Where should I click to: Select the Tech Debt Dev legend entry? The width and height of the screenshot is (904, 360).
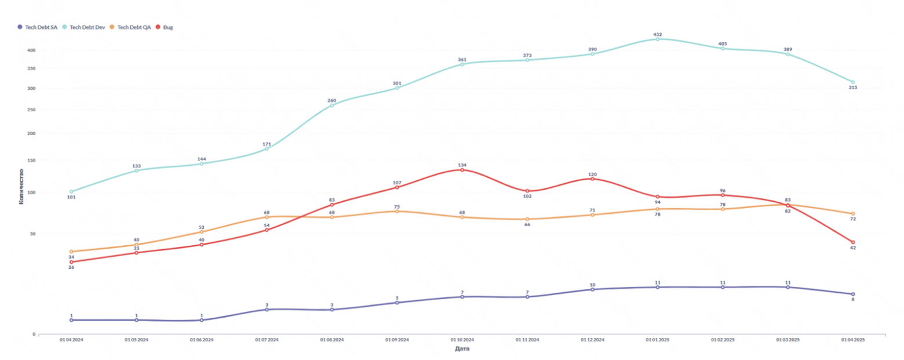pos(87,27)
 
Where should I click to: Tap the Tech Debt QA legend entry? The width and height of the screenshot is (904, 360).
pos(134,27)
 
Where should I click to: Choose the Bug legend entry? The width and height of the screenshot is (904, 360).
pos(167,27)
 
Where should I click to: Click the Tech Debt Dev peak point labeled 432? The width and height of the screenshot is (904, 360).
pos(658,39)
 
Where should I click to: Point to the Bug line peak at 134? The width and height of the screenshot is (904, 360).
pos(462,170)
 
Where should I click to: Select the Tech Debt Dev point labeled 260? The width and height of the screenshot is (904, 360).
pos(332,105)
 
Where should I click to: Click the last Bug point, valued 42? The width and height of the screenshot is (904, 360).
pos(853,242)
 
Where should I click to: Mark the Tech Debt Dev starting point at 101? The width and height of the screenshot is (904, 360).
pos(71,191)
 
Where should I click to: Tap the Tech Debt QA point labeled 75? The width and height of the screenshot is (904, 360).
pos(397,211)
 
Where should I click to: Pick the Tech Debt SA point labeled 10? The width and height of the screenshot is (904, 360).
pos(592,289)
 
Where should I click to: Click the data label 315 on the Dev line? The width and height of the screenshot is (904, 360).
pos(853,88)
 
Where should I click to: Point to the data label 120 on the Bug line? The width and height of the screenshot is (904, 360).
pos(592,174)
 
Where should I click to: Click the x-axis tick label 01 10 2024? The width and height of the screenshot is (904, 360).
pos(462,340)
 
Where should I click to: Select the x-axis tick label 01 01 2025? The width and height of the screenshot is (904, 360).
pos(658,340)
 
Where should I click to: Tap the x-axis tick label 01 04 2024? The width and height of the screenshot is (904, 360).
pos(71,340)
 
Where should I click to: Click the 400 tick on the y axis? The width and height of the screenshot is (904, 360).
pos(31,50)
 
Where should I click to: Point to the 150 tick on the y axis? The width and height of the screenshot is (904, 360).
pos(31,161)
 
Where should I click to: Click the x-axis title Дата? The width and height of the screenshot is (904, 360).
pos(462,349)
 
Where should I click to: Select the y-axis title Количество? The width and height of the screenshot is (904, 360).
pos(21,186)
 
